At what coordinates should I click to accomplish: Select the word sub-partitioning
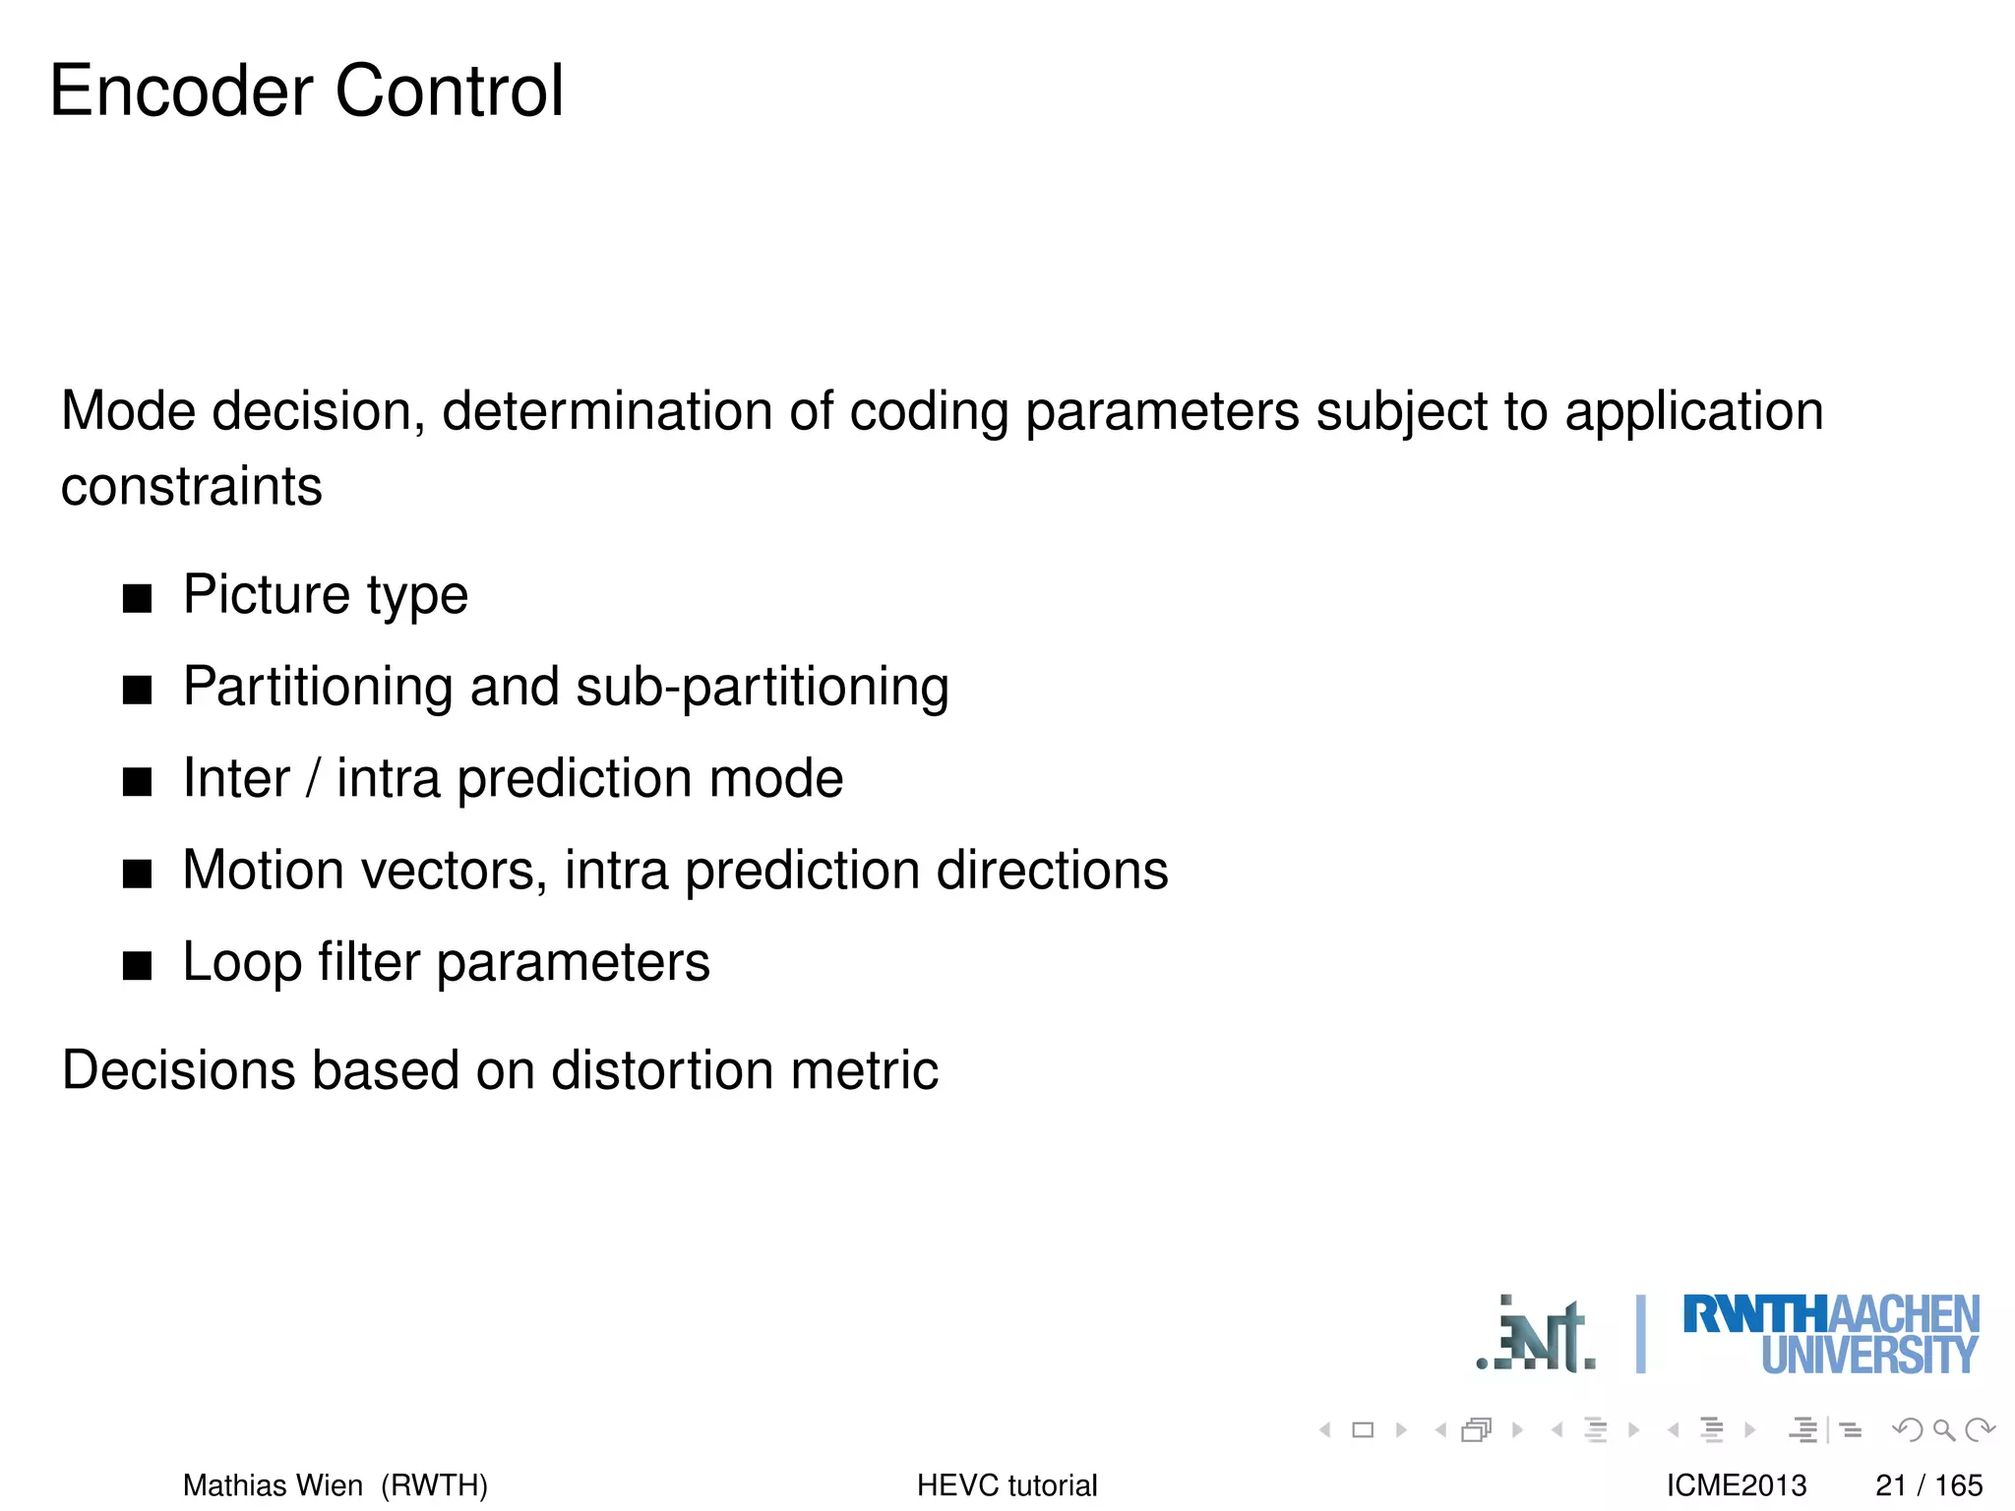coord(762,687)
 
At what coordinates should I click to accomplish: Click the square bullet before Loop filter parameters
coord(138,965)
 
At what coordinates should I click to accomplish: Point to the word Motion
coord(263,871)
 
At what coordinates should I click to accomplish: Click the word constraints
coord(192,487)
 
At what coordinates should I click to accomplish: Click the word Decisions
coord(178,1070)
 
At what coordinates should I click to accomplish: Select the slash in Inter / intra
coord(313,779)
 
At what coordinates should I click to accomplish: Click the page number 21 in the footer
coord(1891,1484)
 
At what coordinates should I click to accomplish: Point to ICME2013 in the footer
coord(1737,1484)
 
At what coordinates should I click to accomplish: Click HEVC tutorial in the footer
coord(1007,1484)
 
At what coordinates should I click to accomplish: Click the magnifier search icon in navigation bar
coord(1943,1429)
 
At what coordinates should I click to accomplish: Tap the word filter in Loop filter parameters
coord(368,962)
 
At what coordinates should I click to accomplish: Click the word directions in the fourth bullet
coord(1052,871)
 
